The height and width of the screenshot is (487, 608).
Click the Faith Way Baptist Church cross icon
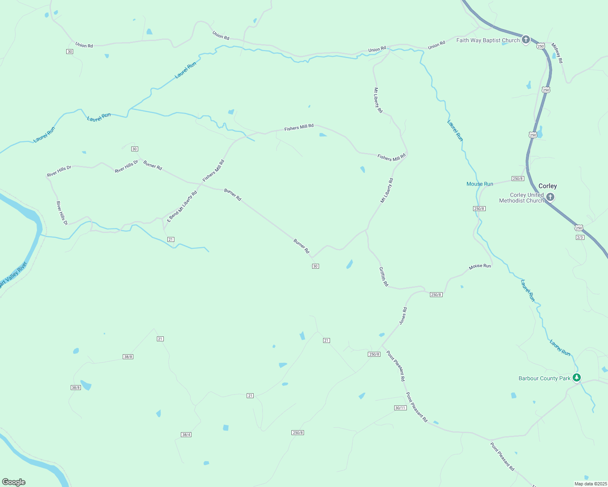(526, 39)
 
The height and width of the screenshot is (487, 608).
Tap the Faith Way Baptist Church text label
(488, 40)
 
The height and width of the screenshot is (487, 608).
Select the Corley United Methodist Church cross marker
(550, 197)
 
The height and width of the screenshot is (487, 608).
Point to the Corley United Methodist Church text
(522, 198)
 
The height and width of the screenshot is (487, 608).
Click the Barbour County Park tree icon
(576, 378)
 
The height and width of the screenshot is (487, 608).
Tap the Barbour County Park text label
(544, 378)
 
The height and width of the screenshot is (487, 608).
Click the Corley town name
(547, 186)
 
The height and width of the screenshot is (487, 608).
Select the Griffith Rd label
(383, 277)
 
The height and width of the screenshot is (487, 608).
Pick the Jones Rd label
(403, 316)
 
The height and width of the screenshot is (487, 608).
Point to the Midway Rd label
(557, 53)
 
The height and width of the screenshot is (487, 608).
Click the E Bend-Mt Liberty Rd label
(182, 206)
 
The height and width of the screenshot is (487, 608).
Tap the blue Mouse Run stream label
(480, 184)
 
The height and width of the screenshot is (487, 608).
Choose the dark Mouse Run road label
(480, 266)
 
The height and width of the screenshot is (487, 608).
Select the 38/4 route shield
(186, 435)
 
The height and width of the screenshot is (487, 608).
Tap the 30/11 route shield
(400, 408)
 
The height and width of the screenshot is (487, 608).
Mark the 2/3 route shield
(580, 237)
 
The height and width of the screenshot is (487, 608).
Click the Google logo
(14, 482)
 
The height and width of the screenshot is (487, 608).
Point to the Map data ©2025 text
(590, 484)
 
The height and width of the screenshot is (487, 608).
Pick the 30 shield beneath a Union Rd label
(70, 52)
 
